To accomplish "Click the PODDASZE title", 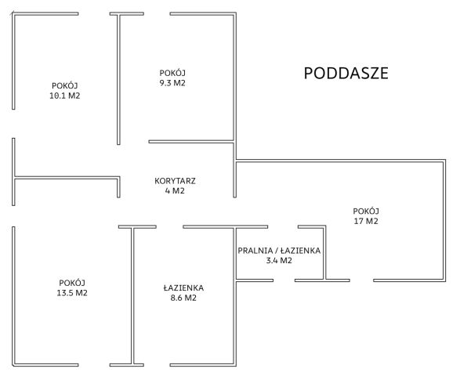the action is pyautogui.click(x=346, y=74).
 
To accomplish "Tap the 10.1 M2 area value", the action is pyautogui.click(x=65, y=96).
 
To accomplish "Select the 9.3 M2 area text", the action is pyautogui.click(x=172, y=83).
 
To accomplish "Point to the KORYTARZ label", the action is pyautogui.click(x=175, y=181).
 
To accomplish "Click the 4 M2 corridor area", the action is pyautogui.click(x=175, y=191).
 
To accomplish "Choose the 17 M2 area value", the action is pyautogui.click(x=366, y=221).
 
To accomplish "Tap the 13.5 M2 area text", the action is pyautogui.click(x=72, y=293).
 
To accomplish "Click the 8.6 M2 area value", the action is pyautogui.click(x=183, y=298).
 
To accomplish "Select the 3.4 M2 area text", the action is pyautogui.click(x=279, y=260).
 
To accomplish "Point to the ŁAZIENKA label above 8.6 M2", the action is pyautogui.click(x=183, y=287).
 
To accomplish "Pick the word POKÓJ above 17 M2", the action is pyautogui.click(x=366, y=211).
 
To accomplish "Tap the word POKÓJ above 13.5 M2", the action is pyautogui.click(x=72, y=283).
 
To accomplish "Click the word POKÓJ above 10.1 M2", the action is pyautogui.click(x=65, y=85).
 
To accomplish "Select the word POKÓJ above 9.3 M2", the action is pyautogui.click(x=172, y=72).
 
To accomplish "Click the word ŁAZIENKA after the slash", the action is pyautogui.click(x=300, y=251).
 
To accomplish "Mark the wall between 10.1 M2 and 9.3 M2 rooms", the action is pyautogui.click(x=118, y=79).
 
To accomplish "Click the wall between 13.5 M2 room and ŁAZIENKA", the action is pyautogui.click(x=132, y=295).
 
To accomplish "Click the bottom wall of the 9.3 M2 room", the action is pyautogui.click(x=191, y=142).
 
